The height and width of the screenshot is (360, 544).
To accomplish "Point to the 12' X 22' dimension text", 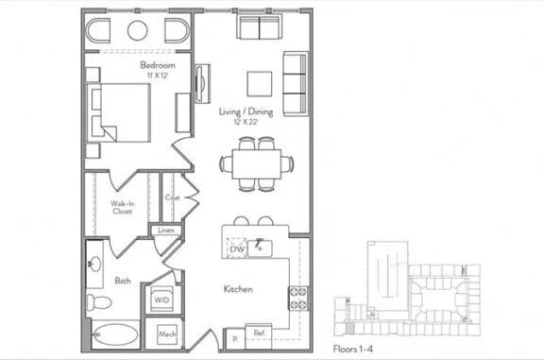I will (246, 122).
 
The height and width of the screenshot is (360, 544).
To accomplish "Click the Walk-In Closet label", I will (121, 208).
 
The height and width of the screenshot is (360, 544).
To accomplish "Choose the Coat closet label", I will (172, 197).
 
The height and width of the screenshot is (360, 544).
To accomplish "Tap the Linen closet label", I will (165, 230).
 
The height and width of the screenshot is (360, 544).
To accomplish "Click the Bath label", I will (123, 281).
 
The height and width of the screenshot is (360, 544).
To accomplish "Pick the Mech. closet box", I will (167, 334).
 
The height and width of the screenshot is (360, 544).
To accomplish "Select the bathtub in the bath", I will (116, 334).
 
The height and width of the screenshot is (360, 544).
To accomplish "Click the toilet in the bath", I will (98, 303).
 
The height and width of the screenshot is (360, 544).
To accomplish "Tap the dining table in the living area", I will (257, 163).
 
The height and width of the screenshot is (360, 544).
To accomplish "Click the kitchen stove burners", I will (297, 298).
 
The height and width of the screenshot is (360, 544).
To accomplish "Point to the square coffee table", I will (260, 83).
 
